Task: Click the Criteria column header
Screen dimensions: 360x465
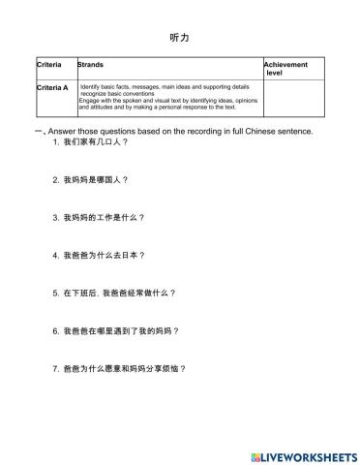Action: click(x=48, y=65)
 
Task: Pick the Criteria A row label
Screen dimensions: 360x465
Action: click(x=52, y=87)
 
